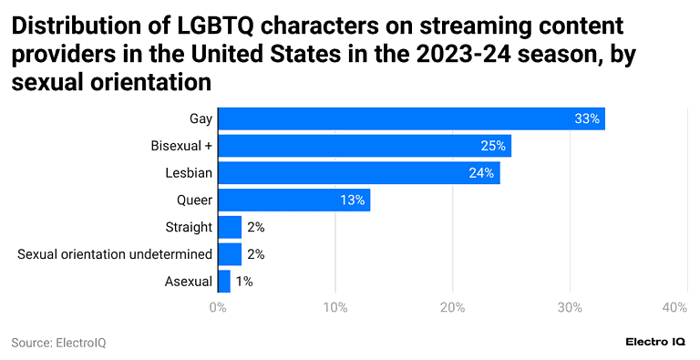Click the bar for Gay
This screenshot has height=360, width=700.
411,118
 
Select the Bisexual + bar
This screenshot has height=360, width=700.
365,146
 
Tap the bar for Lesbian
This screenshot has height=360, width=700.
358,172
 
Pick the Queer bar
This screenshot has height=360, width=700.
293,200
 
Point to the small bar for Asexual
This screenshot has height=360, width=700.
223,282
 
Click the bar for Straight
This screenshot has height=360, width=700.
230,227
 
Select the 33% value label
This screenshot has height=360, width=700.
587,118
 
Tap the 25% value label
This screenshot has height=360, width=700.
493,146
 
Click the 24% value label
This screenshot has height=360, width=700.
482,172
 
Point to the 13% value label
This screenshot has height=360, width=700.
353,200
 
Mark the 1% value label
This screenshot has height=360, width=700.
244,282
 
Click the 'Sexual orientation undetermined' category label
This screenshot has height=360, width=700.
115,254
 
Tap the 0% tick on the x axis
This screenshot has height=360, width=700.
218,309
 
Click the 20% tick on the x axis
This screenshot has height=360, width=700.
453,309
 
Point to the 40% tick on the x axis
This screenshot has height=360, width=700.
674,309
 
